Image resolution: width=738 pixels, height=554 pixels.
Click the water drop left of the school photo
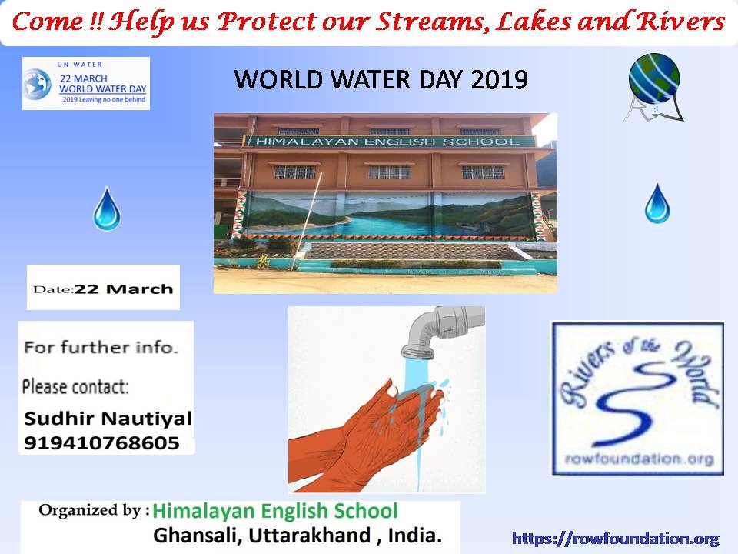(107, 209)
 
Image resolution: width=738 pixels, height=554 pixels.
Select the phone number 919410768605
(101, 443)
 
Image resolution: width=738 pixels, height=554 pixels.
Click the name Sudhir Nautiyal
(108, 418)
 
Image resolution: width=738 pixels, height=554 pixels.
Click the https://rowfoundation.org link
(616, 539)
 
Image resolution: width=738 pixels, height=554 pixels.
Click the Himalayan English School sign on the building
(389, 141)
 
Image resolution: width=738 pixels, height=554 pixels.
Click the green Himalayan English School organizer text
(275, 511)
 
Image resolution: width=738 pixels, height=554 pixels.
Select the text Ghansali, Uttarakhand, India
(298, 536)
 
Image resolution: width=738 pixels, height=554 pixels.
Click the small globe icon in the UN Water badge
(37, 85)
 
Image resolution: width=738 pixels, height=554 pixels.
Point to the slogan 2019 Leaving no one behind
(104, 99)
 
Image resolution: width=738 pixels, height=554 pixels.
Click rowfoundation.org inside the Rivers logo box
(639, 459)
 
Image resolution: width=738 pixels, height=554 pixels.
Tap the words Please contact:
(75, 387)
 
